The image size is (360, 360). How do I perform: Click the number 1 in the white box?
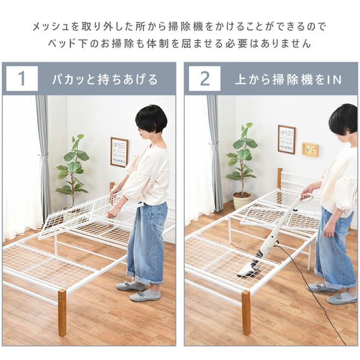tap(22, 79)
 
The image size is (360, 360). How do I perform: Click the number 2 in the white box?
tap(205, 79)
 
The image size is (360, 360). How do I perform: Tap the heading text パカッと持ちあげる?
tap(105, 80)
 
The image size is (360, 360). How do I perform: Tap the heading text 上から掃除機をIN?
tap(288, 80)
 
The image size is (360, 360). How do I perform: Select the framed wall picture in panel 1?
tap(119, 152)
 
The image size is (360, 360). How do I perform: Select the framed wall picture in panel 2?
tap(286, 140)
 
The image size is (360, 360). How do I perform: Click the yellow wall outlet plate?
tap(310, 149)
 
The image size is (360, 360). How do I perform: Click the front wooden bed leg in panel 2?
tap(246, 312)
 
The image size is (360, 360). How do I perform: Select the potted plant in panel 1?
tap(73, 167)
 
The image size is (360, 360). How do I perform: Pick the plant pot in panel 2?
tap(241, 200)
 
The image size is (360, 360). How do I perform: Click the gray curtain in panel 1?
tap(43, 156)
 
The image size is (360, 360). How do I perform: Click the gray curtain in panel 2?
tap(214, 156)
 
